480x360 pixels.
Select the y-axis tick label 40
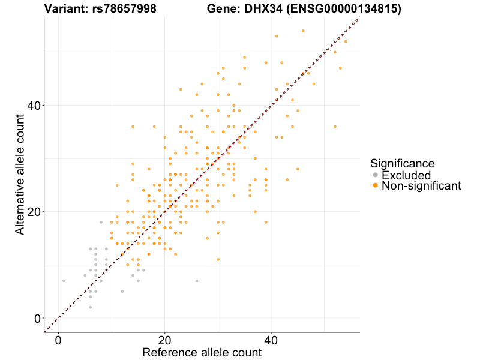click(32, 106)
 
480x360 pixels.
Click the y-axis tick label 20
click(32, 212)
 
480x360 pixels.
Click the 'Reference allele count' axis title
click(202, 353)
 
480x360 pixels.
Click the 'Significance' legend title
click(402, 163)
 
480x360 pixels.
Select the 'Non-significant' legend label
click(421, 186)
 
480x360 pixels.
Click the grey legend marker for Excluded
click(376, 175)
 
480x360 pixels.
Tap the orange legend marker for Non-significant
click(376, 186)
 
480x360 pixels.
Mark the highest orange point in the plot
click(303, 31)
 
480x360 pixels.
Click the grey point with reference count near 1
click(64, 281)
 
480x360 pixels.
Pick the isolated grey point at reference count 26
click(196, 281)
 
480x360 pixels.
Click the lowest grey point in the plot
click(90, 307)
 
